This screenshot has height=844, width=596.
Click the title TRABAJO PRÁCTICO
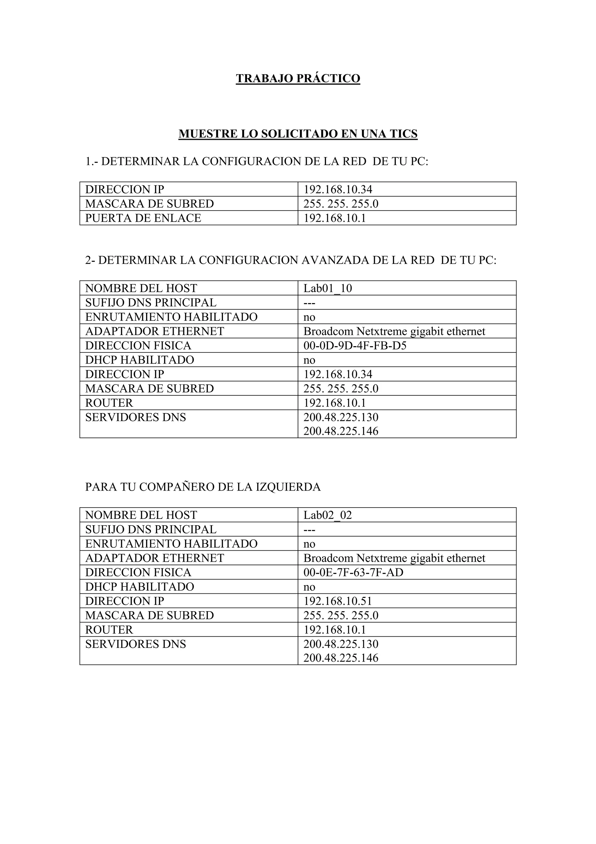pyautogui.click(x=298, y=78)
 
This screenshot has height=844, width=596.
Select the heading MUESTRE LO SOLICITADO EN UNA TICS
pyautogui.click(x=298, y=134)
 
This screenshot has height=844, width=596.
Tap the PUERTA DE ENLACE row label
pyautogui.click(x=143, y=218)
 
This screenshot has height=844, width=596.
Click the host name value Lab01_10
pyautogui.click(x=328, y=288)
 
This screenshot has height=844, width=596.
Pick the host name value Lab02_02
pyautogui.click(x=328, y=515)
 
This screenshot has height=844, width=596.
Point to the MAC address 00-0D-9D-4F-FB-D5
pyautogui.click(x=355, y=346)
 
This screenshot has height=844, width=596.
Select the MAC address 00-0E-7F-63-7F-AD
pyautogui.click(x=353, y=572)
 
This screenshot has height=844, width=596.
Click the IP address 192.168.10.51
pyautogui.click(x=338, y=601)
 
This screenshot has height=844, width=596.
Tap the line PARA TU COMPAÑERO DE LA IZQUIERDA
pyautogui.click(x=203, y=487)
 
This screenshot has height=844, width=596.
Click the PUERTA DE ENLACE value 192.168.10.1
pyautogui.click(x=335, y=218)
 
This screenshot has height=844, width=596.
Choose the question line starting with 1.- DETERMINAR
pyautogui.click(x=257, y=161)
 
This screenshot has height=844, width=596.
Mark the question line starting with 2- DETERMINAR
pyautogui.click(x=290, y=260)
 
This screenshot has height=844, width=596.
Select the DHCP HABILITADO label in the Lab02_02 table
pyautogui.click(x=140, y=587)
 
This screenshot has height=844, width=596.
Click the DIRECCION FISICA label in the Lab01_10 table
pyautogui.click(x=138, y=346)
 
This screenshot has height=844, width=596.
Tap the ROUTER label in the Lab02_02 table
pyautogui.click(x=109, y=630)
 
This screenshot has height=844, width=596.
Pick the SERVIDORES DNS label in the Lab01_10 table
pyautogui.click(x=136, y=417)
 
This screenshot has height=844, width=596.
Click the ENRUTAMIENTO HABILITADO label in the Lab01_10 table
pyautogui.click(x=171, y=317)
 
